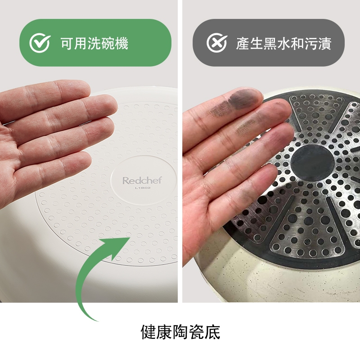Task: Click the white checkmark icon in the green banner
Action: pos(40,43)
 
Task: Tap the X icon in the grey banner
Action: pos(217,43)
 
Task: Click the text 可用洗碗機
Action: pos(94,43)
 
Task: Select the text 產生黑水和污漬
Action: pos(284,43)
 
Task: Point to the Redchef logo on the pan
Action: pos(142,180)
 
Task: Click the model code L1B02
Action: pos(143,188)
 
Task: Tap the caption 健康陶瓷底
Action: pos(180,332)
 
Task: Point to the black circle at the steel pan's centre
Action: pos(312,163)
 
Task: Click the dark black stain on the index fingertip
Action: pos(243,99)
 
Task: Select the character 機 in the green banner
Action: pos(121,43)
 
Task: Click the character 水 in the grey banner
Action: pos(284,43)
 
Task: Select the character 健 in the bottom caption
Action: pos(148,332)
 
